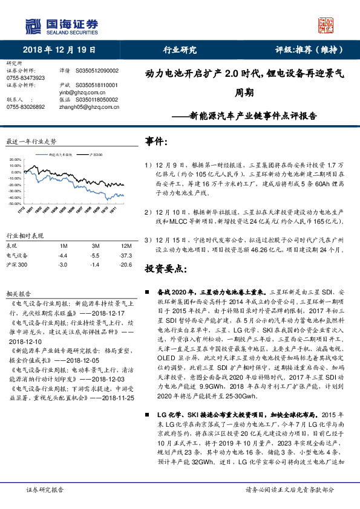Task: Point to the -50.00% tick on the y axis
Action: pos(16,204)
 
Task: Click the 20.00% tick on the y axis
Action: pos(16,160)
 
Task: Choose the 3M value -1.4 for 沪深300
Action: pos(94,264)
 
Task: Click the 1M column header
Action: pos(62,247)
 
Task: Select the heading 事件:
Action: pos(157,141)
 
